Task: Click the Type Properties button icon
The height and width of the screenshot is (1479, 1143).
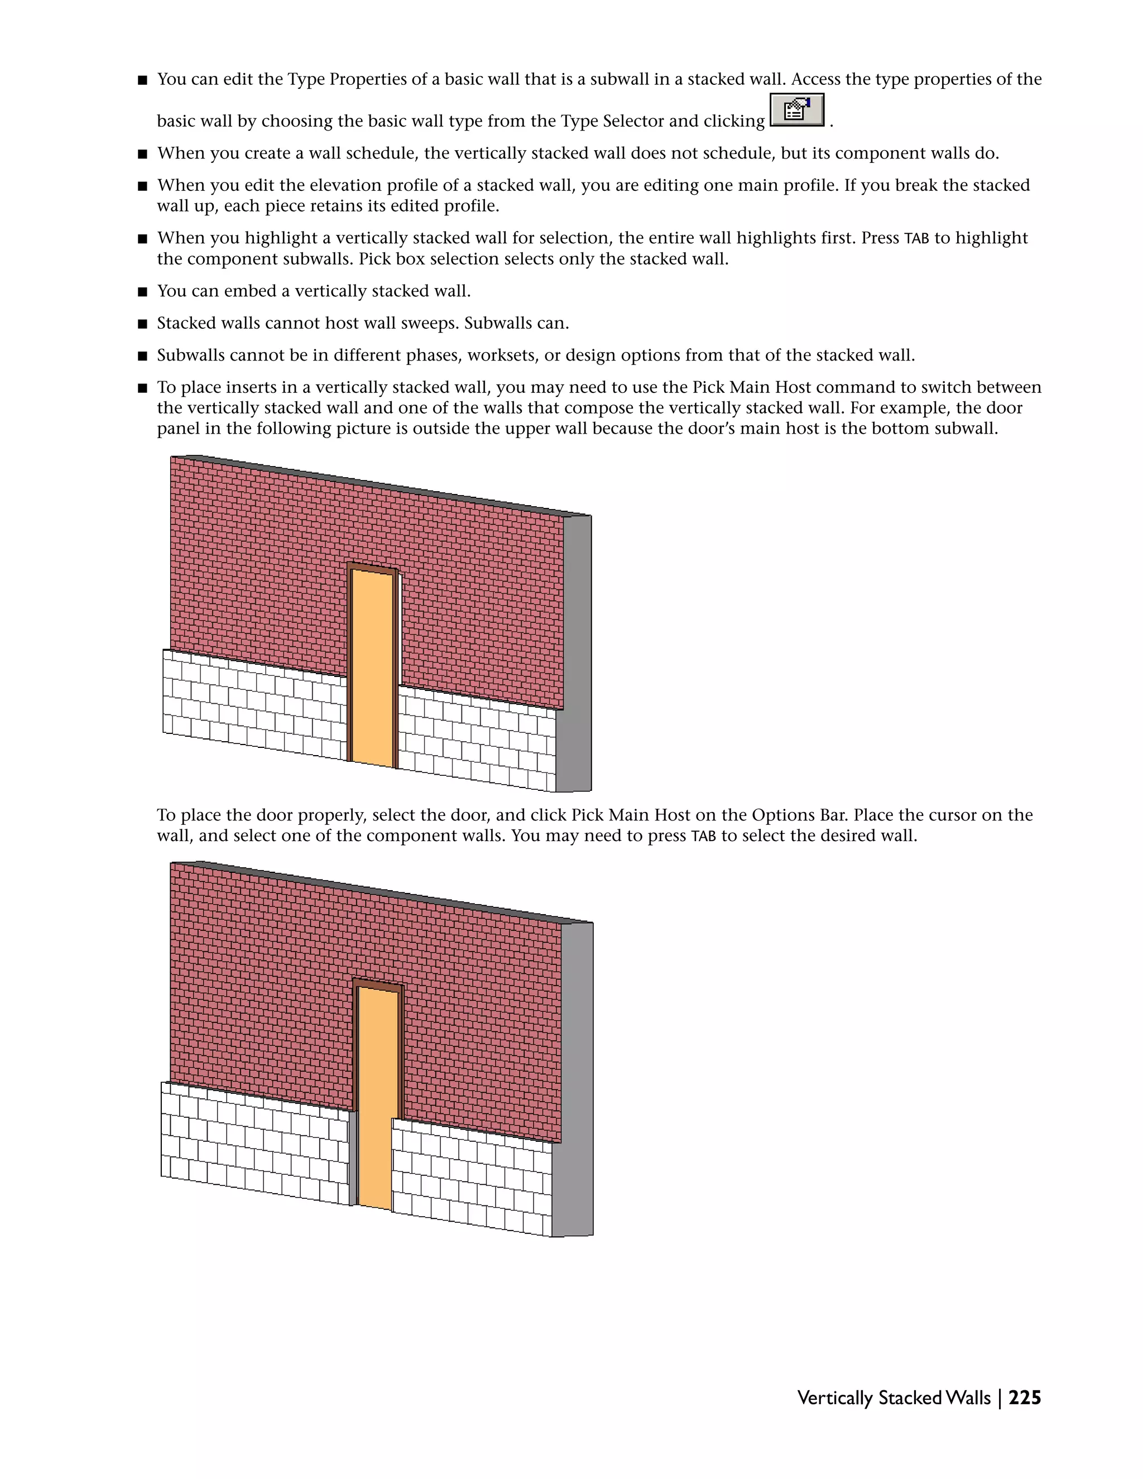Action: [x=797, y=111]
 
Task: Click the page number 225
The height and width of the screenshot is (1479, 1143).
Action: [x=1025, y=1398]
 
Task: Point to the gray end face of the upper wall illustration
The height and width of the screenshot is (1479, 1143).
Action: [x=577, y=650]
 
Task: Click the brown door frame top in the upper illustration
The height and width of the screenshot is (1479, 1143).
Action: [x=372, y=568]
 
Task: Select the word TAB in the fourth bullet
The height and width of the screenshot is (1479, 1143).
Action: [x=916, y=238]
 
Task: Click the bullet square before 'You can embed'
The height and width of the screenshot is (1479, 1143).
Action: [x=142, y=292]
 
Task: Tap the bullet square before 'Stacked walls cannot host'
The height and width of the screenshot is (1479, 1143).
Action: [x=142, y=324]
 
